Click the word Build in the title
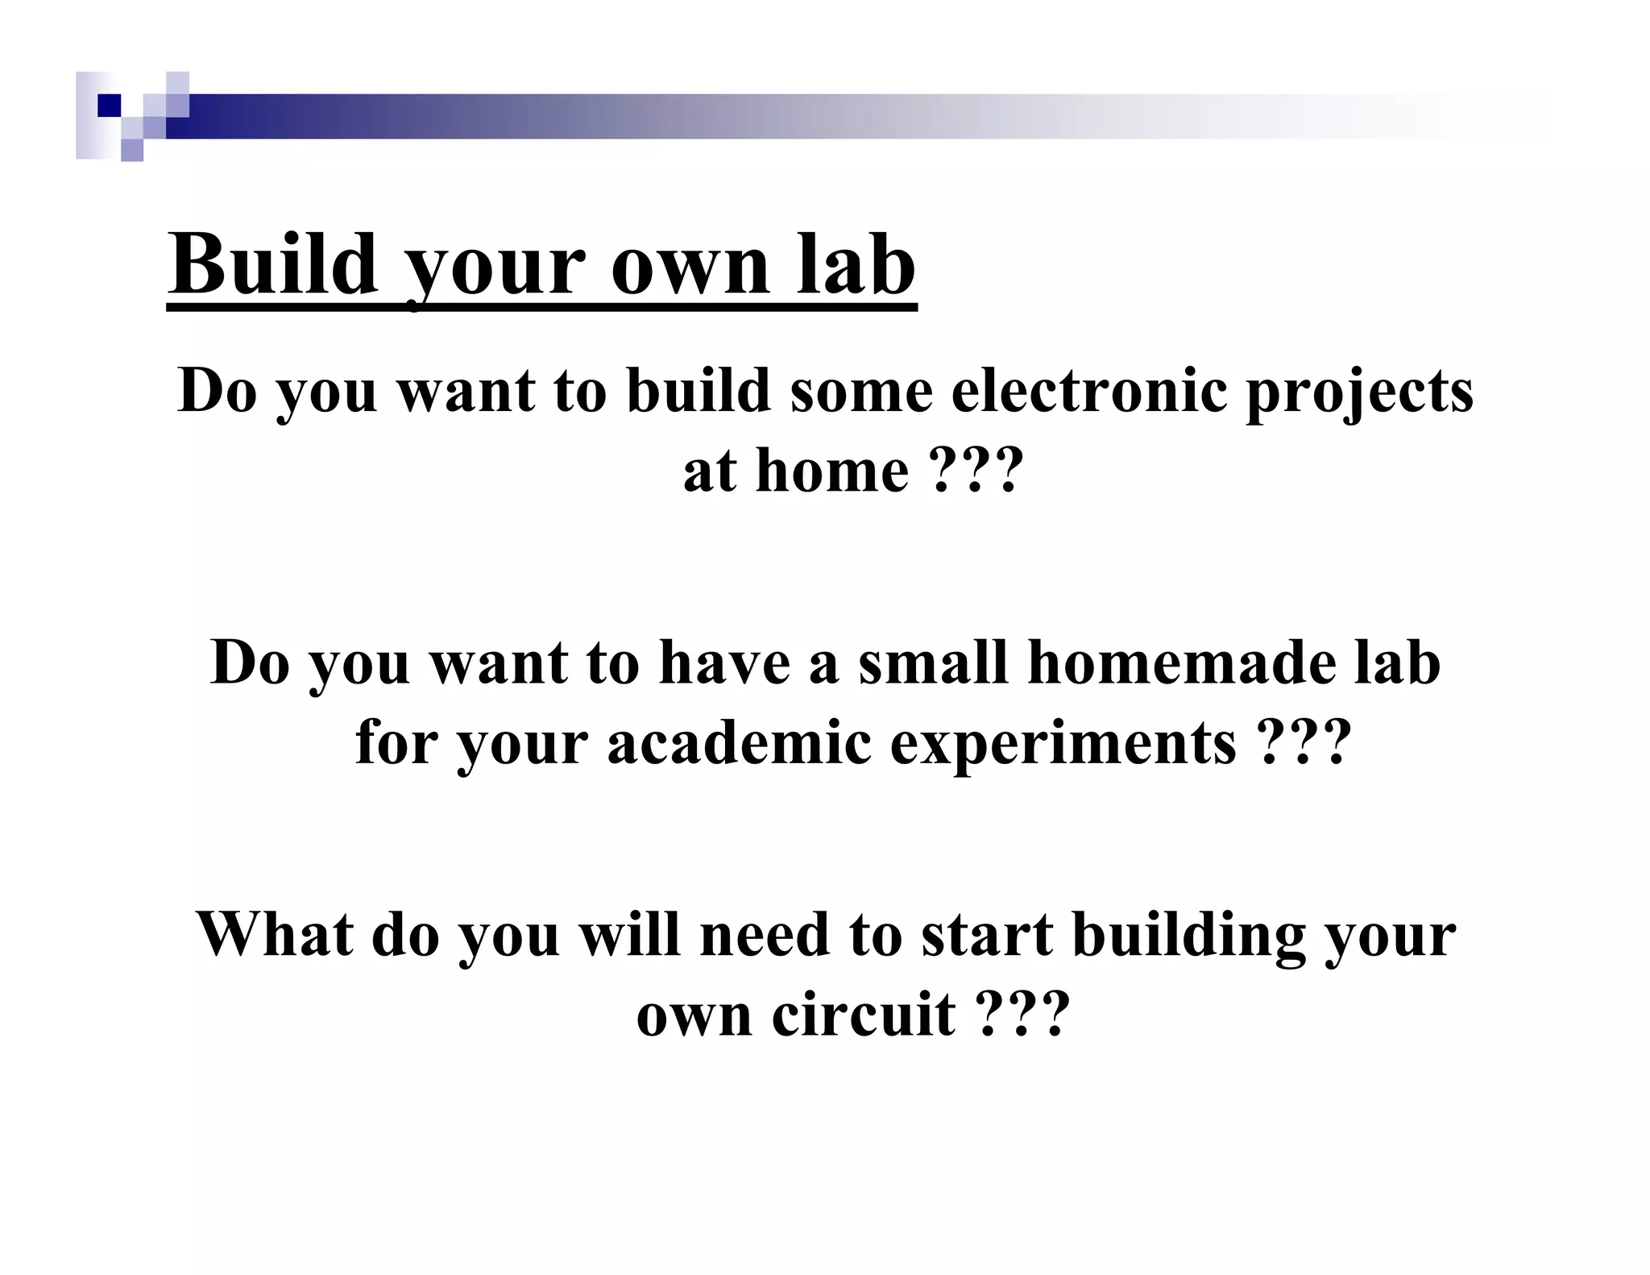pos(273,264)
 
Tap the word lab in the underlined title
pos(856,264)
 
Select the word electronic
pos(1089,390)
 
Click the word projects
pos(1360,392)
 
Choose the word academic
pos(739,741)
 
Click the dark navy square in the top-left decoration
pos(109,106)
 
